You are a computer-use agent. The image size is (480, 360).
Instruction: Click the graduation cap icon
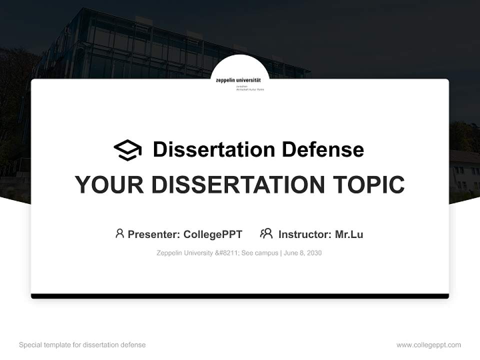pyautogui.click(x=127, y=150)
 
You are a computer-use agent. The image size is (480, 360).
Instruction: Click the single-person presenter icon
pyautogui.click(x=119, y=233)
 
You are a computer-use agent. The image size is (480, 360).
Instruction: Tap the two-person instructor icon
pyautogui.click(x=266, y=233)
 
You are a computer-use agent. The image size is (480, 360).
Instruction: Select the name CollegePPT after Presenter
pyautogui.click(x=213, y=234)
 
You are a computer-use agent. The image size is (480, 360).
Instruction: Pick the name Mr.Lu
pyautogui.click(x=349, y=234)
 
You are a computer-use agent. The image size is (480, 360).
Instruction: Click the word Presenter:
pyautogui.click(x=154, y=234)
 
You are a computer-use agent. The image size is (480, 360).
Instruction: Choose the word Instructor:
pyautogui.click(x=304, y=234)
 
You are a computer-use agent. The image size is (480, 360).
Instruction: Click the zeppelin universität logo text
pyautogui.click(x=239, y=80)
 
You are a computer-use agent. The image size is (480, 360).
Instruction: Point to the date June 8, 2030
pyautogui.click(x=303, y=253)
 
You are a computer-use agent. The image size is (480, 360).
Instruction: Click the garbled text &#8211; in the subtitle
pyautogui.click(x=227, y=253)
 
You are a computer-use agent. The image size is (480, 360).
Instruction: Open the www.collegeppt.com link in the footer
pyautogui.click(x=428, y=345)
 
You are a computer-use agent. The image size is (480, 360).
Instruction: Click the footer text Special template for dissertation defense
pyautogui.click(x=82, y=345)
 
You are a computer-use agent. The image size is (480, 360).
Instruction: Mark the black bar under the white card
pyautogui.click(x=240, y=296)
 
